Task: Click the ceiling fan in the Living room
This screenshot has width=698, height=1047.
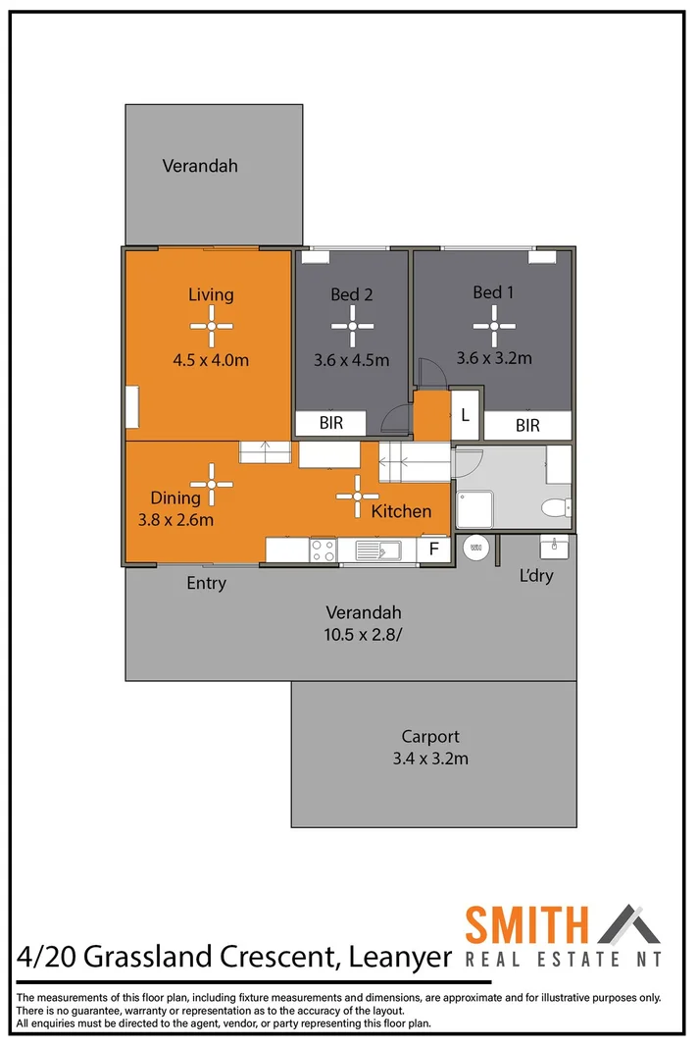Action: tap(211, 327)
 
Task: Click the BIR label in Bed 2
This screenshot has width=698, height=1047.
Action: tap(330, 424)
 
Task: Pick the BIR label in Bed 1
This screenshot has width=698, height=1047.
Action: tap(527, 426)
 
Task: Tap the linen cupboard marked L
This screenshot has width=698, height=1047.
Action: tap(465, 415)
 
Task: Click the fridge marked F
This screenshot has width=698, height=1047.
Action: tap(433, 550)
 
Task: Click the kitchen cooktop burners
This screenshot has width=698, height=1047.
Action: tap(324, 550)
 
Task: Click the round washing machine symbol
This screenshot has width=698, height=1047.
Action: tap(475, 547)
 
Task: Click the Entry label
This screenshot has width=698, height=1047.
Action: tap(207, 584)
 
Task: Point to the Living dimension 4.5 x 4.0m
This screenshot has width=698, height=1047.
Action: tap(211, 360)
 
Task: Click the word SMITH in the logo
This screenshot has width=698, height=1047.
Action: tap(526, 925)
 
